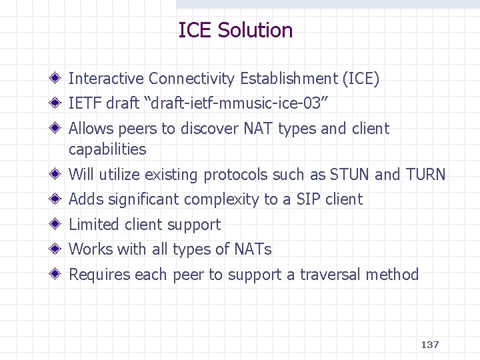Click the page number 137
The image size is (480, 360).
coord(430,345)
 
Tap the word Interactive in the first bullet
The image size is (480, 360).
coord(106,79)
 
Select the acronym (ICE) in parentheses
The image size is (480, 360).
coord(360,79)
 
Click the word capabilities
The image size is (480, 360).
coord(107,149)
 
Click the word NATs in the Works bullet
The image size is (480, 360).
coord(253,249)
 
